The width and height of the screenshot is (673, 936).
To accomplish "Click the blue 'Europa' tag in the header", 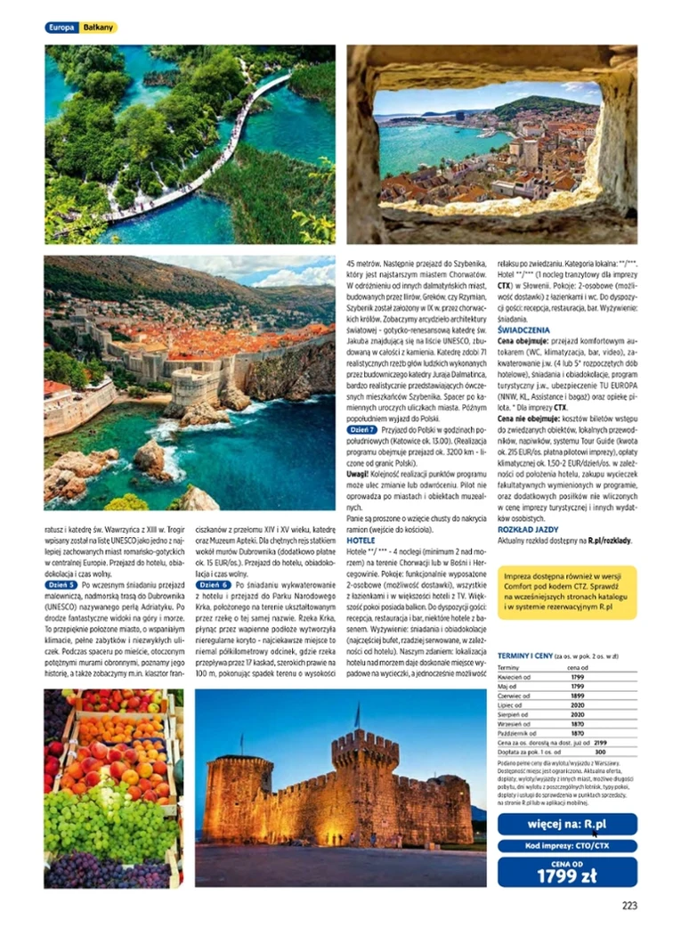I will pyautogui.click(x=61, y=28).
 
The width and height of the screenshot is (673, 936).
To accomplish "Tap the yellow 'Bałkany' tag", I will pyautogui.click(x=98, y=28).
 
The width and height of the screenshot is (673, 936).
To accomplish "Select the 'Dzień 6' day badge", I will pyautogui.click(x=215, y=585).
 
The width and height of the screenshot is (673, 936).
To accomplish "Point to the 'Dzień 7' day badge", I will pyautogui.click(x=362, y=429).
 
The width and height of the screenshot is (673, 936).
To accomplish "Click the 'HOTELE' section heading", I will pyautogui.click(x=361, y=541).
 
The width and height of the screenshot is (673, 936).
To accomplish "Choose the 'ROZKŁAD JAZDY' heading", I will pyautogui.click(x=525, y=529).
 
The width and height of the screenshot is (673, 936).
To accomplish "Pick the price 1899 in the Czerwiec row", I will pyautogui.click(x=577, y=696).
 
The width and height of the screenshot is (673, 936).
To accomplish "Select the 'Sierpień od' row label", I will pyautogui.click(x=516, y=714).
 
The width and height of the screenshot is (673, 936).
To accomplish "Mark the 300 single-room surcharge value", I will pyautogui.click(x=599, y=752).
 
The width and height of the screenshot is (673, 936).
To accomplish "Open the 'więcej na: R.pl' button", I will pyautogui.click(x=567, y=824).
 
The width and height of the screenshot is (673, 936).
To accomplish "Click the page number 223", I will pyautogui.click(x=629, y=906).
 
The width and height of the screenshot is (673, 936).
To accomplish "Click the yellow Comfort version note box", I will pyautogui.click(x=567, y=592).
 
